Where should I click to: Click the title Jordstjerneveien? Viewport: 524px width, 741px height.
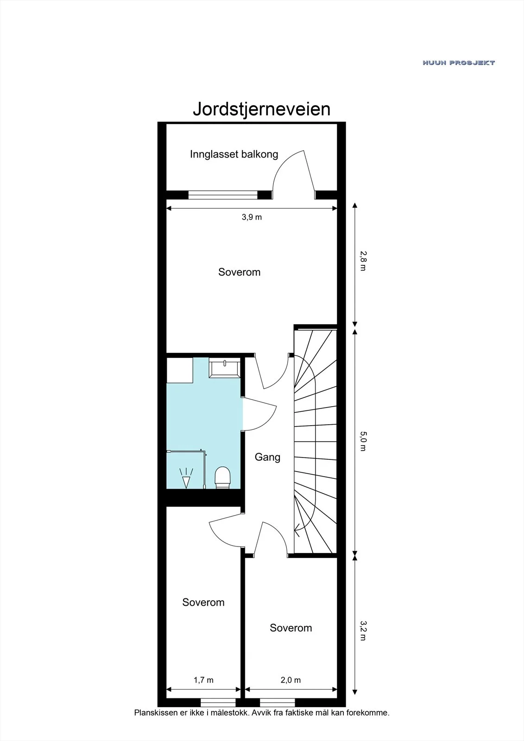(261, 109)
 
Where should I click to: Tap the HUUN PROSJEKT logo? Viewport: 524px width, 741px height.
(459, 63)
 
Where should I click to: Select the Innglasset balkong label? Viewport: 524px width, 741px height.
(234, 154)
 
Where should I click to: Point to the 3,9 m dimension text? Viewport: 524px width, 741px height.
(252, 217)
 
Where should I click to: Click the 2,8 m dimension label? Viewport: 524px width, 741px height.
(363, 261)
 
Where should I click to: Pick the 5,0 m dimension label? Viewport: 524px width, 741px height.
(363, 441)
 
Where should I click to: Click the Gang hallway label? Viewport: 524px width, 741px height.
(267, 457)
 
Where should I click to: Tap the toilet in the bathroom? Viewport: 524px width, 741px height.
(222, 477)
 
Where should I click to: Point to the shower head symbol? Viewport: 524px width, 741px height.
(186, 478)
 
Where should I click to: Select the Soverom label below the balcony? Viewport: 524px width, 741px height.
(240, 272)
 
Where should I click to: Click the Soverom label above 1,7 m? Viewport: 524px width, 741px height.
(203, 602)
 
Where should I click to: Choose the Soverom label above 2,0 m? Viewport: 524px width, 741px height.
(290, 628)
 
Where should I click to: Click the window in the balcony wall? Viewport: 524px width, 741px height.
(223, 195)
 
